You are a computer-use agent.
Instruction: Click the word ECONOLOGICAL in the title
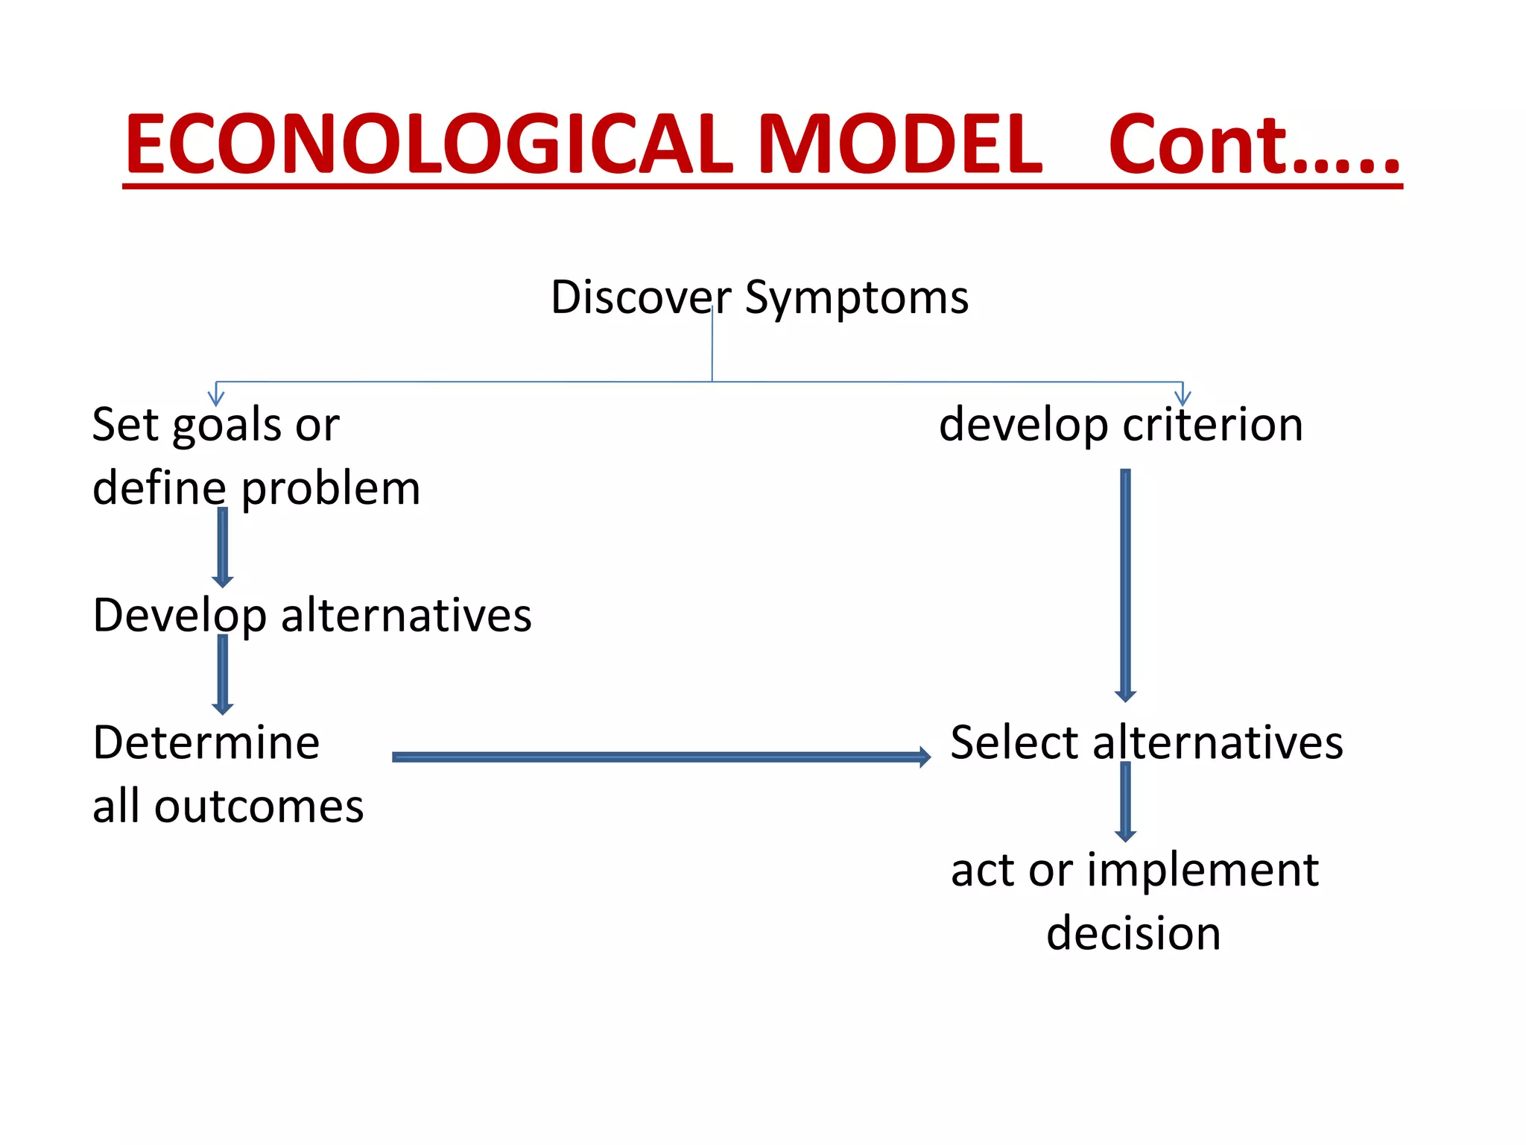429,145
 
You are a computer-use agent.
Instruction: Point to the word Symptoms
857,299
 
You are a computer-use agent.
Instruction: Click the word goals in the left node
228,426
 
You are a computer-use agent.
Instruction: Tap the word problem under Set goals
331,490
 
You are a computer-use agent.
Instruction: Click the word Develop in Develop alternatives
180,616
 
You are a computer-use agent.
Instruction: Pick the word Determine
206,743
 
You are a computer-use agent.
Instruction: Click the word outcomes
259,807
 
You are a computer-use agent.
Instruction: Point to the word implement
1203,870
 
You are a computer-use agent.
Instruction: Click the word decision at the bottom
1133,933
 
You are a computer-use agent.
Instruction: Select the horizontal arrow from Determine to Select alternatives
660,757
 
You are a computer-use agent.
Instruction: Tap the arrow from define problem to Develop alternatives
222,547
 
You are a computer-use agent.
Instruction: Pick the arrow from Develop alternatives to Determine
222,675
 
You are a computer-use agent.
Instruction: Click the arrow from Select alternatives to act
1125,802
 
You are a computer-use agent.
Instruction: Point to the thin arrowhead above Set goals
215,397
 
